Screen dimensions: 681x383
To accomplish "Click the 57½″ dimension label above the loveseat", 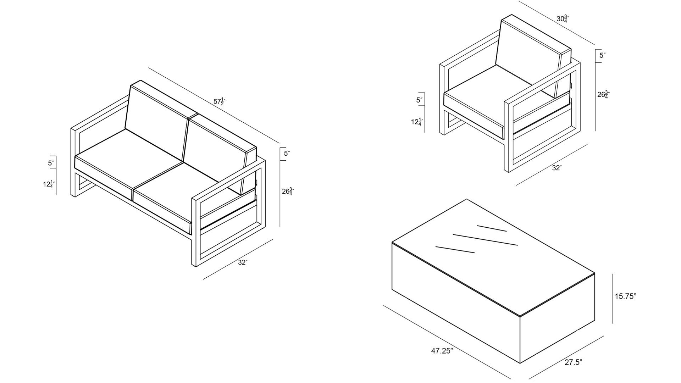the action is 220,101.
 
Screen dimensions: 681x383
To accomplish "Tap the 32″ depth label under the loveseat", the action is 243,262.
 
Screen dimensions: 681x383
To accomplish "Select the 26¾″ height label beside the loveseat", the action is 288,191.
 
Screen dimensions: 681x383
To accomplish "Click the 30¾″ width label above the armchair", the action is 563,19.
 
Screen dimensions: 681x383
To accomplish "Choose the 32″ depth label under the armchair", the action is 557,168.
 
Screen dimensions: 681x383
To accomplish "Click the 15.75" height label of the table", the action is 625,296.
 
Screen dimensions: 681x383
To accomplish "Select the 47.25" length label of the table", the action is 442,351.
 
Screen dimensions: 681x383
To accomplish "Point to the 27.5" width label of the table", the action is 573,362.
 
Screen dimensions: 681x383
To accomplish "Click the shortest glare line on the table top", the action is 492,228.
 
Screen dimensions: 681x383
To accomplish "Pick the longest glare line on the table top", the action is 485,239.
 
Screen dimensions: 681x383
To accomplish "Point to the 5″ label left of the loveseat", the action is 51,163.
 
